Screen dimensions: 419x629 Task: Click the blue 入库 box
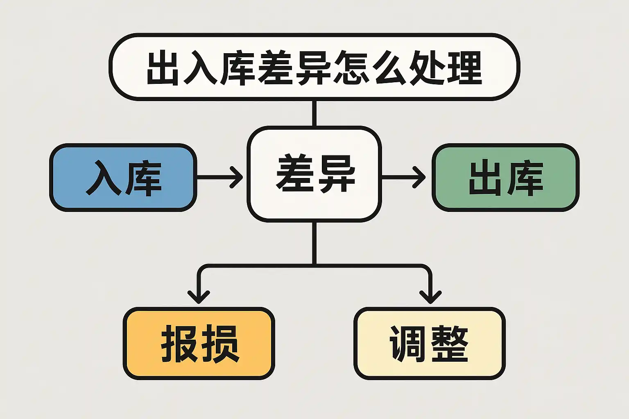(x=123, y=178)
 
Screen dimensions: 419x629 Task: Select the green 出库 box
(x=505, y=178)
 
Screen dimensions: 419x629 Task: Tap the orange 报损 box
(x=199, y=343)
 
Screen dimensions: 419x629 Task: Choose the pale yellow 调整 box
(x=430, y=343)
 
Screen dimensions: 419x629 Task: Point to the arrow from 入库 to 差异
(x=220, y=177)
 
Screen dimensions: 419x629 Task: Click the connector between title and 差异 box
(x=314, y=113)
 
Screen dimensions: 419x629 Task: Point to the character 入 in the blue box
(x=103, y=178)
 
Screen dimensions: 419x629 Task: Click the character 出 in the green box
(x=486, y=178)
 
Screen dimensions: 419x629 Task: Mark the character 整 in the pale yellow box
(x=450, y=343)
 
